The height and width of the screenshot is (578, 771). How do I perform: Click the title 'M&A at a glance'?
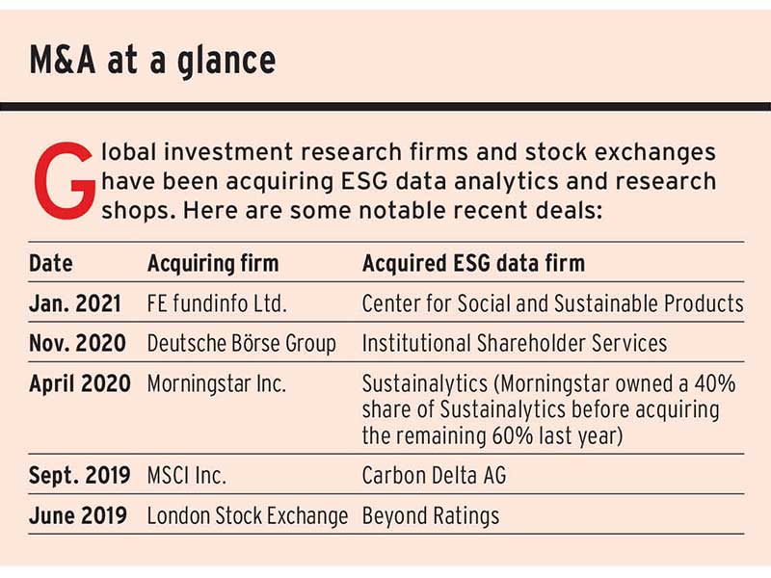click(x=152, y=61)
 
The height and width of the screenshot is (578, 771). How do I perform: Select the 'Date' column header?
click(x=50, y=263)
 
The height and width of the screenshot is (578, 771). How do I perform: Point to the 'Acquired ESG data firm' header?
click(x=473, y=263)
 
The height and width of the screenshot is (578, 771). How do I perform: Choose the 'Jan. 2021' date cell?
click(x=75, y=303)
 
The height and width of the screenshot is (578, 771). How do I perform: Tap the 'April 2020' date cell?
click(x=80, y=383)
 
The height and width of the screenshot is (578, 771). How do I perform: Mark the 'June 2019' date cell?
click(x=78, y=515)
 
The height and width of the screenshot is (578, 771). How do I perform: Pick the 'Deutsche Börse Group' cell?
click(x=241, y=343)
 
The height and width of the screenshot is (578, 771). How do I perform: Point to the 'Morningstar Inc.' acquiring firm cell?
click(x=216, y=383)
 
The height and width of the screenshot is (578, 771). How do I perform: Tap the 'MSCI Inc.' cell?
click(x=189, y=475)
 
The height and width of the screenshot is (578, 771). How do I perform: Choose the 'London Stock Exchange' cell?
click(x=247, y=515)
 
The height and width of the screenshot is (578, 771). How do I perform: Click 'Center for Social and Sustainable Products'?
click(x=552, y=303)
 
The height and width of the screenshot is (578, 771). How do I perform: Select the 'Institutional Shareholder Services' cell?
click(x=514, y=343)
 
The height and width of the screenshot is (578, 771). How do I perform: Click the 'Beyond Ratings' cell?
click(x=430, y=515)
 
